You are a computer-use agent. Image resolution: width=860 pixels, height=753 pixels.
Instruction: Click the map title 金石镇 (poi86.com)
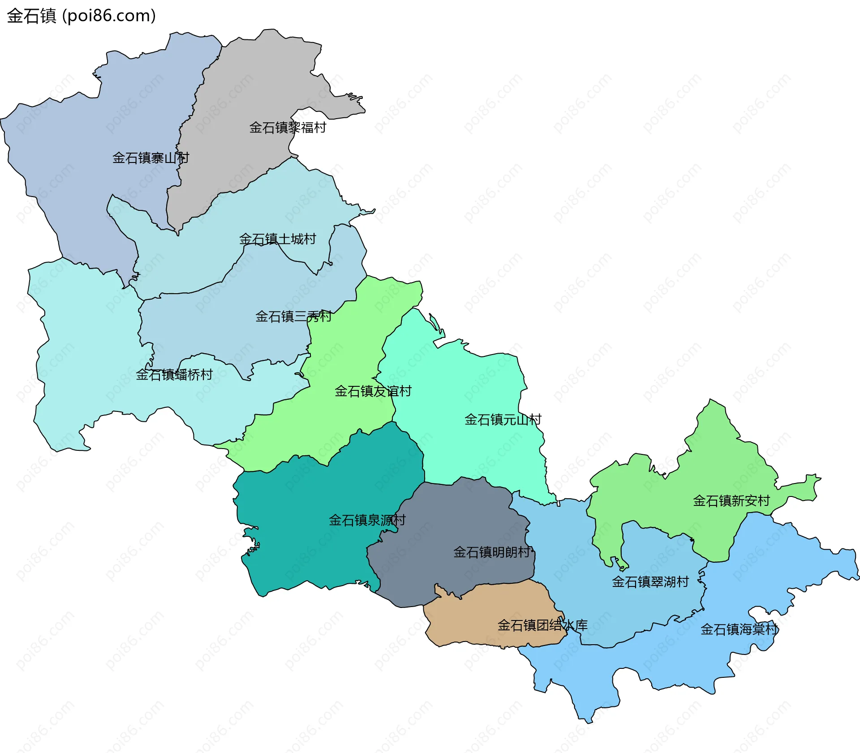[81, 16]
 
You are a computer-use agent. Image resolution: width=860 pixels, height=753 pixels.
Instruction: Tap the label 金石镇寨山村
[150, 158]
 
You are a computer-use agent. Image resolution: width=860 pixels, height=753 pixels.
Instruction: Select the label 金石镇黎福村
[288, 128]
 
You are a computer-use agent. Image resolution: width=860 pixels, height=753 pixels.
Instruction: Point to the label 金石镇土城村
[278, 239]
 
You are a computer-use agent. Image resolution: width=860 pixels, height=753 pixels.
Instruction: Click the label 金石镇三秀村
[293, 317]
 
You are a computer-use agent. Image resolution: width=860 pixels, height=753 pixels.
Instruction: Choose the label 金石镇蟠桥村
[174, 375]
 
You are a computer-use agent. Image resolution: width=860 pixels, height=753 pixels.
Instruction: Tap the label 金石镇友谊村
[373, 391]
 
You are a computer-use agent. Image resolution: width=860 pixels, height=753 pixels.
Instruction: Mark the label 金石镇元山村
[503, 419]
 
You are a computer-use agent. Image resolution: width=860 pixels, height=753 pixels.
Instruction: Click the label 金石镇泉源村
[367, 520]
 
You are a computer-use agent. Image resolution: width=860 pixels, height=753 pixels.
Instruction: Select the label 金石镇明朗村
[492, 552]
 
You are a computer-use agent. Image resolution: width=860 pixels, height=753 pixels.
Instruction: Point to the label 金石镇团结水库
[542, 625]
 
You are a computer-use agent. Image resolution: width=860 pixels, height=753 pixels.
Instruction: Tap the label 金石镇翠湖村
[650, 582]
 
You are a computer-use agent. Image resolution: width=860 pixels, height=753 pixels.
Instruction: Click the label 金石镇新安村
[731, 501]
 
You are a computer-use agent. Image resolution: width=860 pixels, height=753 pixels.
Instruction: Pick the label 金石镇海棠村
[740, 629]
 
